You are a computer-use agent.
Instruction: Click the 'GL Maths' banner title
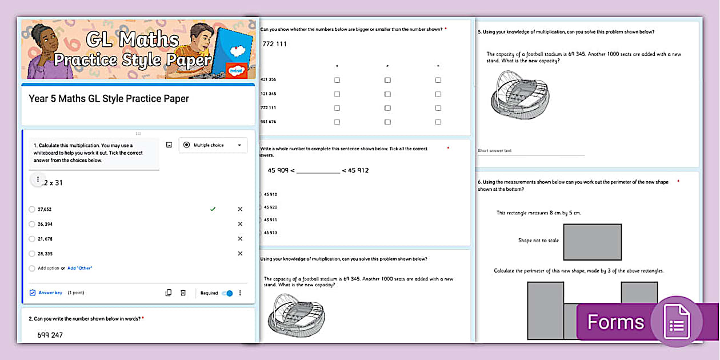[x=132, y=40]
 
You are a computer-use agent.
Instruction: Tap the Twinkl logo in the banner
[x=235, y=71]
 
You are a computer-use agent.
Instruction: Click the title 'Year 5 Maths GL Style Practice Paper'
[x=109, y=99]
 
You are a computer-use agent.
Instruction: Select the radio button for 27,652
[x=32, y=209]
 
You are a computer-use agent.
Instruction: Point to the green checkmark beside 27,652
[x=213, y=209]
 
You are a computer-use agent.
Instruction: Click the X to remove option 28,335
[x=240, y=254]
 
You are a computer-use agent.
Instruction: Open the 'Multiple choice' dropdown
[x=213, y=145]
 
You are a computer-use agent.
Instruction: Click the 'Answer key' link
[x=50, y=293]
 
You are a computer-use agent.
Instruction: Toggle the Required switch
[x=227, y=293]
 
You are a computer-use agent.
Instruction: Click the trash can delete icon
[x=183, y=293]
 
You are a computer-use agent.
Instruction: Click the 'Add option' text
[x=48, y=268]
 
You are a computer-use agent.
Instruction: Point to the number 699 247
[x=50, y=335]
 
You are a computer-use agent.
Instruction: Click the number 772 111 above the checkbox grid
[x=274, y=44]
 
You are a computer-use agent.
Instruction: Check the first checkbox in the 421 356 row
[x=337, y=80]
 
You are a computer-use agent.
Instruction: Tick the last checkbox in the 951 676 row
[x=438, y=122]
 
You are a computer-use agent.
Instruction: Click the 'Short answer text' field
[x=495, y=151]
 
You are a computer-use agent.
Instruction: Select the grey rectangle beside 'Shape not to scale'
[x=592, y=242]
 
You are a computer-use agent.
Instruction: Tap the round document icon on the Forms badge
[x=676, y=322]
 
